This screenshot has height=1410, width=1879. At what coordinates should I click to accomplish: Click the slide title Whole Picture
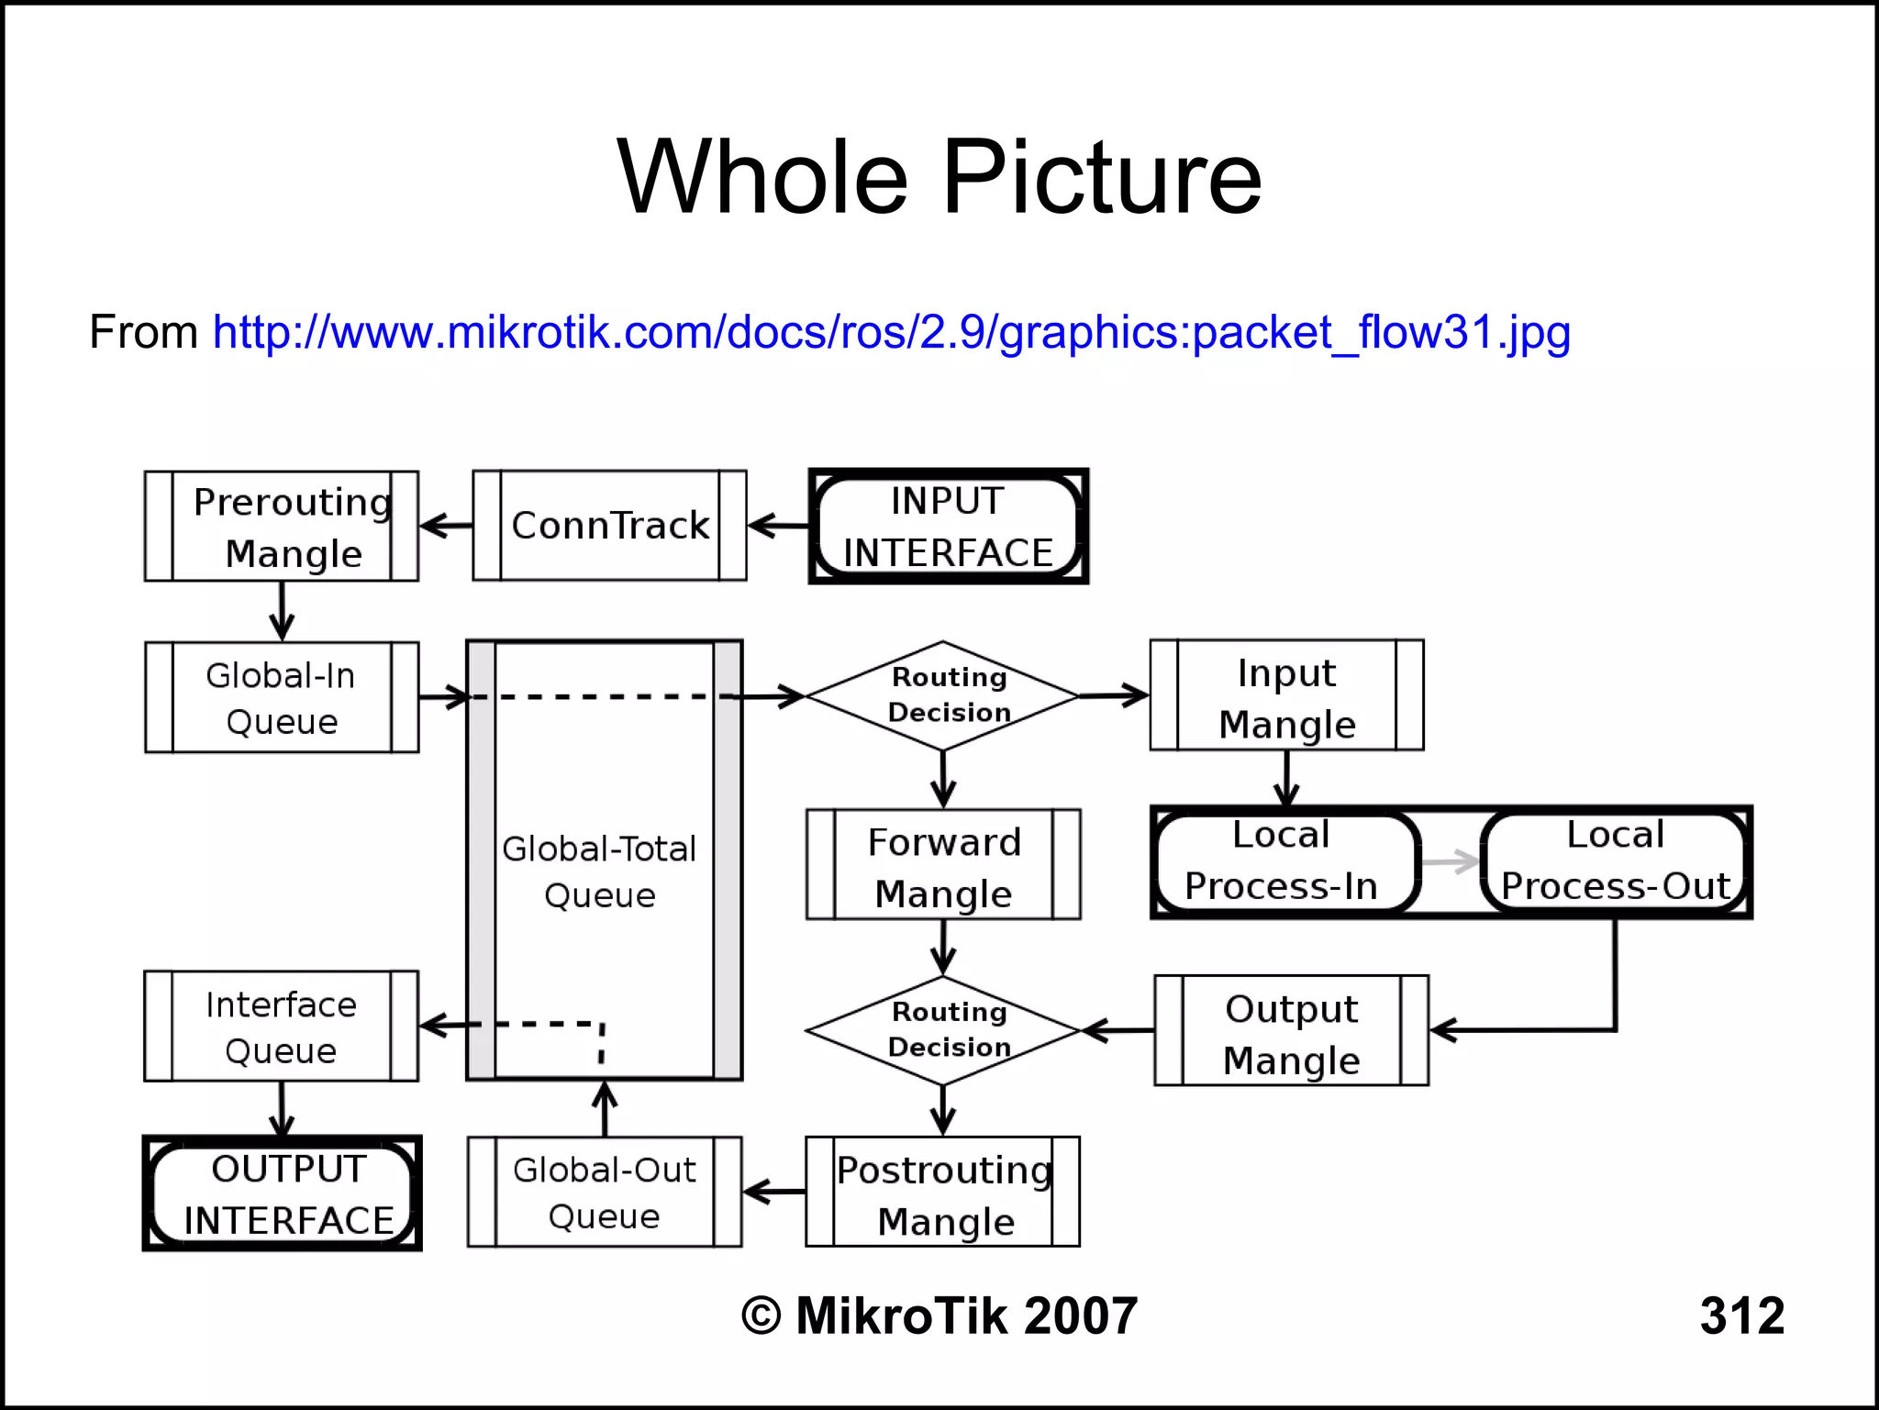point(939,176)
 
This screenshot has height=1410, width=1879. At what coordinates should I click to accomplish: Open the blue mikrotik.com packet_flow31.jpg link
point(891,332)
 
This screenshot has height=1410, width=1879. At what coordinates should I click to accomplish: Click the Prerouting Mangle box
point(282,527)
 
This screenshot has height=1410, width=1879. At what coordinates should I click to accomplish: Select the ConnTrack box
point(610,526)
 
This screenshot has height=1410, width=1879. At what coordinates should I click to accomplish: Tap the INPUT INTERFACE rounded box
point(948,527)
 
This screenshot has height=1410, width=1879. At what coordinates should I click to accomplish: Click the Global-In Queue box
point(282,697)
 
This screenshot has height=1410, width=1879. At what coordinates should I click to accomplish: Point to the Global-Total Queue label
point(600,872)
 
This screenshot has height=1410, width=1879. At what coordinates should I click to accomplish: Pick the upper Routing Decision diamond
point(943,695)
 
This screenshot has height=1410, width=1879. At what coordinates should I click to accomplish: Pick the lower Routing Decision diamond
point(943,1030)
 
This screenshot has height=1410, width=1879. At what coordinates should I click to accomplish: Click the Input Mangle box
point(1286,695)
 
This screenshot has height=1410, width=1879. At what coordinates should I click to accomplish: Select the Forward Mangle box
point(943,865)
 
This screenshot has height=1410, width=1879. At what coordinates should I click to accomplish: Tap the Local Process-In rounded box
point(1283,861)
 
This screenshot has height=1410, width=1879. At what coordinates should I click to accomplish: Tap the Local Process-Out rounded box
point(1615,861)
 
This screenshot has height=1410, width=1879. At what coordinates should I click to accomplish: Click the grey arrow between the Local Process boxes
point(1450,861)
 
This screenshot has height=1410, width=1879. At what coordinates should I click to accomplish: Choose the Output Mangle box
point(1291,1031)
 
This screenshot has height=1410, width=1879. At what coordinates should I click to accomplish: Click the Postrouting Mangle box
point(943,1193)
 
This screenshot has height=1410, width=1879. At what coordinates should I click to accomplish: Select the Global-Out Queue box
point(605,1193)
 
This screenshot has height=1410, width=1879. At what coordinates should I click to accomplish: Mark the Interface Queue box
point(282,1027)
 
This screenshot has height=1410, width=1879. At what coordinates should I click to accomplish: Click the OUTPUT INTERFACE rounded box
point(283,1194)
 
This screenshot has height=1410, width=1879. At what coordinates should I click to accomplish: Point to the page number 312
point(1741,1316)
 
